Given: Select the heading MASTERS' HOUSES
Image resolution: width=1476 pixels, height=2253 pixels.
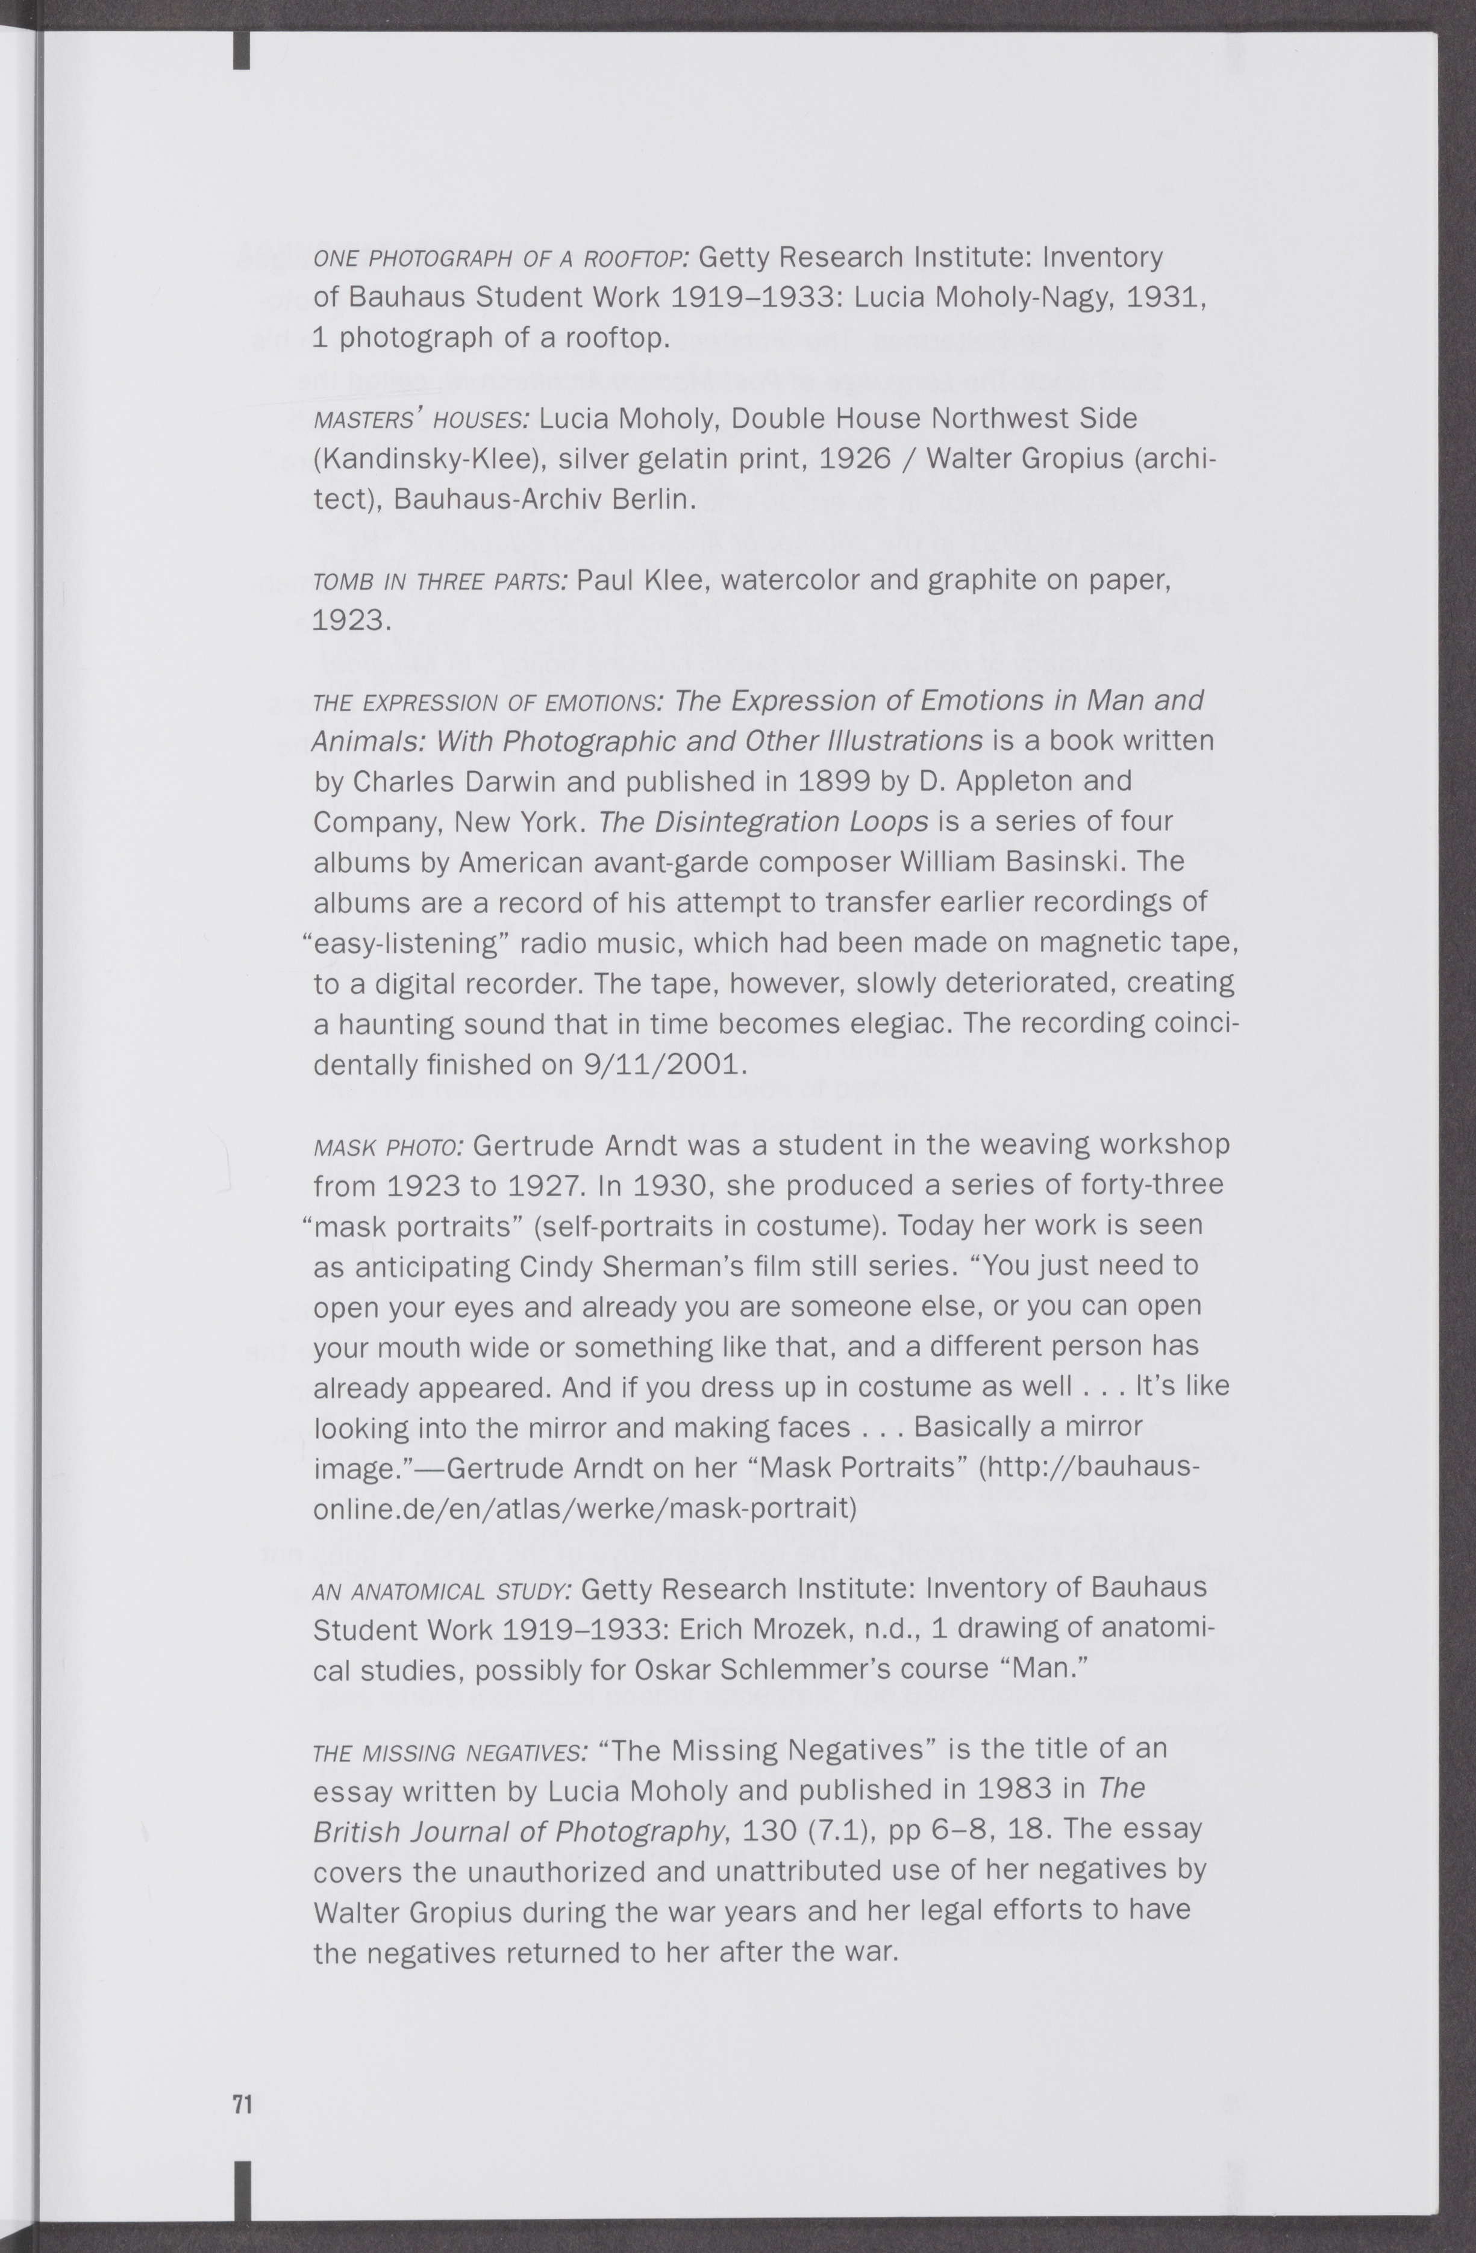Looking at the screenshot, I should click(421, 419).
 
